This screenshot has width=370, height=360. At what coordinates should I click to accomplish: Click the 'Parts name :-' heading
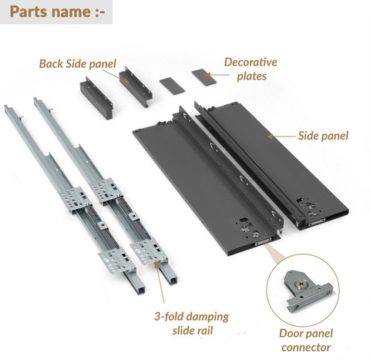pyautogui.click(x=58, y=12)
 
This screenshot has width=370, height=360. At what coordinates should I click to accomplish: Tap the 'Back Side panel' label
pyautogui.click(x=78, y=64)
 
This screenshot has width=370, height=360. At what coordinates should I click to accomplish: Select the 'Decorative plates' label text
pyautogui.click(x=251, y=69)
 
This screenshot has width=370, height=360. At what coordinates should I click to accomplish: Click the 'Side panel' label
pyautogui.click(x=323, y=136)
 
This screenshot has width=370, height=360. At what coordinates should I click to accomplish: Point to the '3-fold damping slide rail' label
pyautogui.click(x=192, y=324)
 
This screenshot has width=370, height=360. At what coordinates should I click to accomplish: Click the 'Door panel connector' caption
pyautogui.click(x=306, y=341)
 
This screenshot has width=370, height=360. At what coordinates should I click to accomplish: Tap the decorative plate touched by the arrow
pyautogui.click(x=204, y=77)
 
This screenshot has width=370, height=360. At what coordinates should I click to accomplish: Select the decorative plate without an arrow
pyautogui.click(x=172, y=86)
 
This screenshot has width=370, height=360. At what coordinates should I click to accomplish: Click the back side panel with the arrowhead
pyautogui.click(x=136, y=87)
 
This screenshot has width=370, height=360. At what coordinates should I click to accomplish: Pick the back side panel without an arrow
pyautogui.click(x=96, y=99)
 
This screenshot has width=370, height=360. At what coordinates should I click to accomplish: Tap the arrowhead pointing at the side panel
pyautogui.click(x=270, y=136)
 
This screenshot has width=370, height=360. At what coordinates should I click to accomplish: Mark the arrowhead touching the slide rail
pyautogui.click(x=156, y=264)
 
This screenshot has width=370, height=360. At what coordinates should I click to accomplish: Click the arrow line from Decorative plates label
pyautogui.click(x=217, y=75)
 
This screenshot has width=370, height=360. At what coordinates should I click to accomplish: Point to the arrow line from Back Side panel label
pyautogui.click(x=116, y=76)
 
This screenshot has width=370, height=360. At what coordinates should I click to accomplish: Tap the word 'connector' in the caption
pyautogui.click(x=306, y=348)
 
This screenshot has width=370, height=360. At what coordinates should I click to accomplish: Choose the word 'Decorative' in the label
pyautogui.click(x=251, y=62)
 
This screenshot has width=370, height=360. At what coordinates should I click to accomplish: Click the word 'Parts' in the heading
pyautogui.click(x=29, y=12)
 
